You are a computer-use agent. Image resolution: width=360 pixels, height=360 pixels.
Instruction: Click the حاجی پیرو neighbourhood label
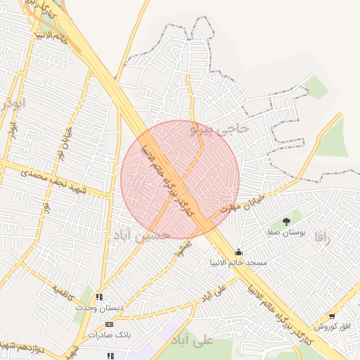[x=219, y=129]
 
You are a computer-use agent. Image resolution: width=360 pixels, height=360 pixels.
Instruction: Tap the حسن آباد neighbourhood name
[x=141, y=235]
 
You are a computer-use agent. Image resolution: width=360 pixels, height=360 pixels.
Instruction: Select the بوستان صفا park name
[x=286, y=232]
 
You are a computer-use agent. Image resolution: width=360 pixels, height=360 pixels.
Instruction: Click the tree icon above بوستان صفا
[x=286, y=221]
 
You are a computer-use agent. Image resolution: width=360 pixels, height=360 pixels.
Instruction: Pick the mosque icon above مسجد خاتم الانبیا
[x=239, y=252]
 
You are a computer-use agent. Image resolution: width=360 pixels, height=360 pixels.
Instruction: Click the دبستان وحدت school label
[x=100, y=307]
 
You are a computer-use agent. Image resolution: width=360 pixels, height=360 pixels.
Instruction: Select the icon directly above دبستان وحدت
[x=100, y=297]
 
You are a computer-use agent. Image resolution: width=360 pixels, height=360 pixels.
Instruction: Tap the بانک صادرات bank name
[x=108, y=335]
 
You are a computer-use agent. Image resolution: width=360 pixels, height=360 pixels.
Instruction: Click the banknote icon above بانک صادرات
[x=108, y=324]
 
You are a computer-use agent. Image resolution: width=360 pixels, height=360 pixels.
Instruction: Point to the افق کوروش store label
[x=332, y=327]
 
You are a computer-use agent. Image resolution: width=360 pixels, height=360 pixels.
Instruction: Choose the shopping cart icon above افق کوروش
[x=332, y=316]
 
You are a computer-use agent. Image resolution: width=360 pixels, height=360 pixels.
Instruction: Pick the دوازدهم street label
[x=14, y=345]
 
